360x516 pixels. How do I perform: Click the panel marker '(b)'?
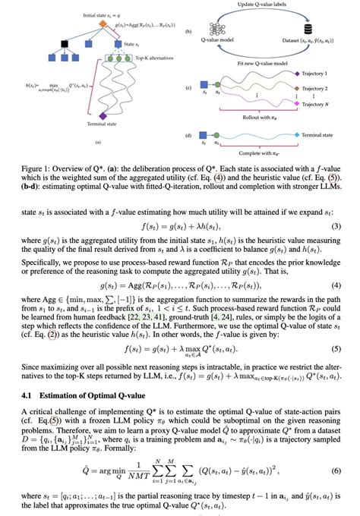point(188,32)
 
